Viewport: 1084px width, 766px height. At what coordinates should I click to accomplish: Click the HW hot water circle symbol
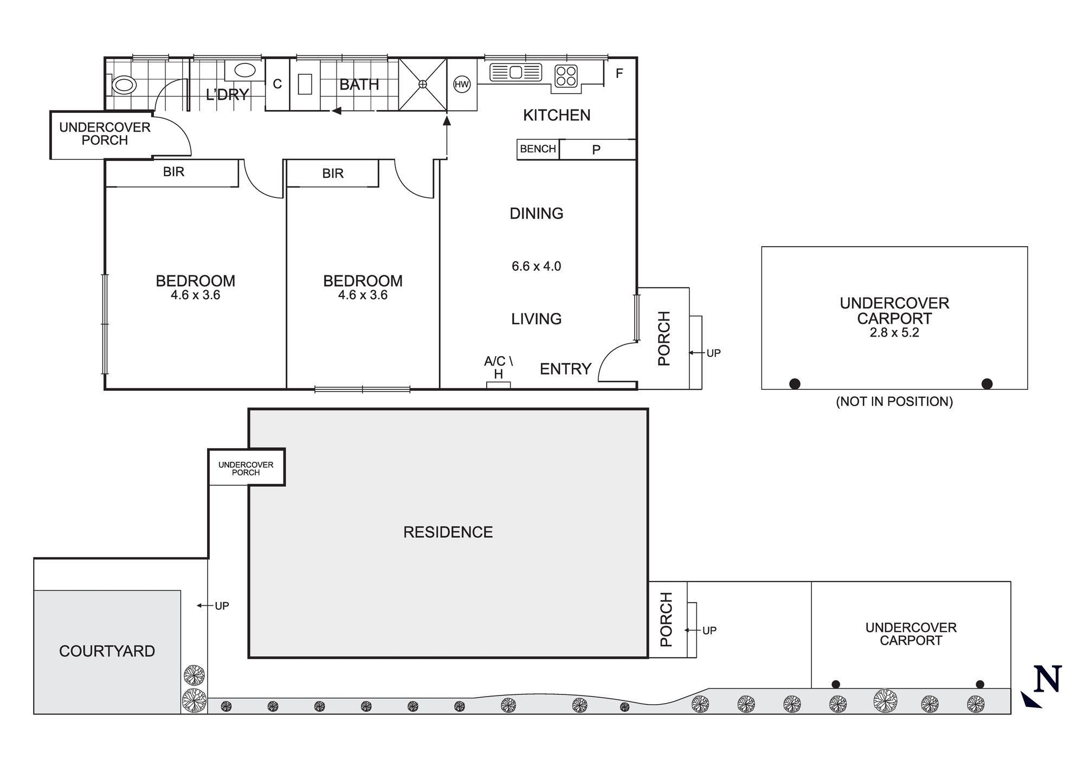pos(462,84)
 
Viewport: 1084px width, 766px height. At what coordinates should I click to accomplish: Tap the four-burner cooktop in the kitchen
pos(566,76)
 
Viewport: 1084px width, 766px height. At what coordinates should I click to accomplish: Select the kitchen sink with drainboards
pos(515,72)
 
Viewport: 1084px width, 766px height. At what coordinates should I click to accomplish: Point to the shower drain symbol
pos(423,84)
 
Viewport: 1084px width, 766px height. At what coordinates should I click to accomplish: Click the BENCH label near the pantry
pos(538,149)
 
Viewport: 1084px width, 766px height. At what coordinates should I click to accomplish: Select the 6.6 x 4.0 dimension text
pos(536,266)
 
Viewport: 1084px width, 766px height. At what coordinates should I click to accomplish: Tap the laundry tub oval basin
pos(245,70)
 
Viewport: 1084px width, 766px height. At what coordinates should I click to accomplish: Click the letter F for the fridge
pos(620,73)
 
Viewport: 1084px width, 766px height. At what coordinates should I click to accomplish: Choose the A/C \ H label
pos(498,367)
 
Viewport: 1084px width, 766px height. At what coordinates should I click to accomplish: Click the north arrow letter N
pos(1047,679)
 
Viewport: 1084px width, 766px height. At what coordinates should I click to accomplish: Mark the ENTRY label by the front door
pos(565,369)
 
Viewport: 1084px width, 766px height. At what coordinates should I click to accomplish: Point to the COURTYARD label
pos(107,651)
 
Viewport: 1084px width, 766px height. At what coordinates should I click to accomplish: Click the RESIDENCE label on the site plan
pos(448,532)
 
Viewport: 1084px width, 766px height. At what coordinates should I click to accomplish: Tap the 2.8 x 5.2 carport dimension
pos(894,333)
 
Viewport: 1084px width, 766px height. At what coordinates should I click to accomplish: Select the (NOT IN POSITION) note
pos(894,402)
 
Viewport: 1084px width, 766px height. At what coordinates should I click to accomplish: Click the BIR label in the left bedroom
pos(173,172)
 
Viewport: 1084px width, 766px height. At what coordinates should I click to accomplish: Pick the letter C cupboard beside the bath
pos(277,84)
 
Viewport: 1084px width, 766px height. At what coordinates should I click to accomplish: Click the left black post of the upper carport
pos(795,384)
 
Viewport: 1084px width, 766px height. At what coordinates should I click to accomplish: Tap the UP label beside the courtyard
pos(222,606)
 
